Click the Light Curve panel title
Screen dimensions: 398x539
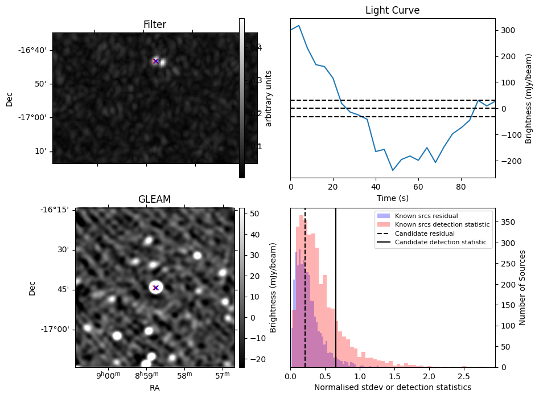tap(392, 10)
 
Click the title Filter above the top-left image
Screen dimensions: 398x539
tap(155, 24)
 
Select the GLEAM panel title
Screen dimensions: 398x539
tap(154, 199)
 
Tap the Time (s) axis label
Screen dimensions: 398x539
tap(392, 198)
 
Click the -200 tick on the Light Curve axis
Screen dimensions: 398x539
tap(507, 161)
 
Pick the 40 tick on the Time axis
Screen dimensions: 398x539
tap(376, 186)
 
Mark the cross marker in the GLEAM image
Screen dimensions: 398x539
tap(155, 288)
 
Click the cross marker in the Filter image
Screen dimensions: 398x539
tap(155, 61)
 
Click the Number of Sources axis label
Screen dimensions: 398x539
tap(522, 288)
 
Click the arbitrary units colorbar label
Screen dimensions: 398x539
tap(269, 99)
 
